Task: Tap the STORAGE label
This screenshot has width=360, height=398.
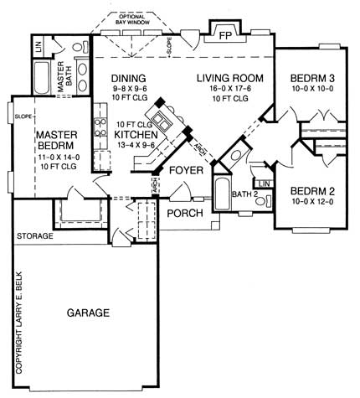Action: (x=35, y=237)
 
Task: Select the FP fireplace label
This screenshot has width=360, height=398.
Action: (x=224, y=37)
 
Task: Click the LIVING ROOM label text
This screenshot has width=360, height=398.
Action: (x=229, y=79)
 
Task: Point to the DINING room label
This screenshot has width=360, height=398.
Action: (x=129, y=79)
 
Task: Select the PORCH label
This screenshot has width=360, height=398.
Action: (x=183, y=213)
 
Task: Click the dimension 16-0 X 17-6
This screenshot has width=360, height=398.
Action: (x=229, y=90)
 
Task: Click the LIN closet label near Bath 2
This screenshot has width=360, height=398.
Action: (x=264, y=183)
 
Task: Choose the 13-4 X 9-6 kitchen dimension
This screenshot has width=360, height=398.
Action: (x=137, y=144)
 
